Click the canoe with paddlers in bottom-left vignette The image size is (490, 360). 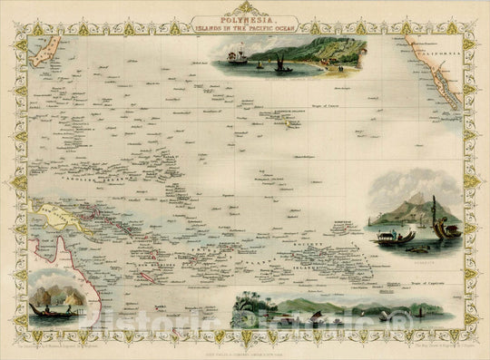pos(49,310)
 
